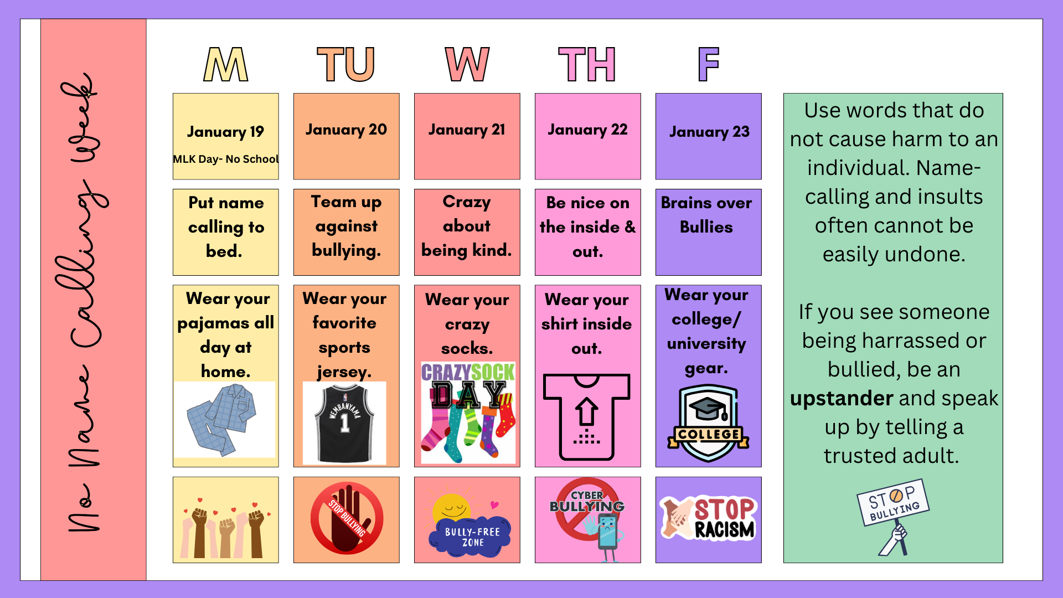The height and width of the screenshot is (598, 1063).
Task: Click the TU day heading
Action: coord(346,64)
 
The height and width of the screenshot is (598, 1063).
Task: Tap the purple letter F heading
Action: coord(708,64)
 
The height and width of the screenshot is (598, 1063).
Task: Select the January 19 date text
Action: coord(225,132)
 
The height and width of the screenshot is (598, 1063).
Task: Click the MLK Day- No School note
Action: coord(225,159)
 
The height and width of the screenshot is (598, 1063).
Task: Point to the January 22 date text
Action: coord(587,130)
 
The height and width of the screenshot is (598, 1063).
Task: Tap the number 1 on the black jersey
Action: coord(344,424)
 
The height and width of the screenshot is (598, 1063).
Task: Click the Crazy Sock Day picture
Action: coord(468,413)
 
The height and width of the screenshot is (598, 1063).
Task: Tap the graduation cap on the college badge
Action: coord(708,409)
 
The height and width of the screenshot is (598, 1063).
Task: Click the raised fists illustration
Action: coord(225,529)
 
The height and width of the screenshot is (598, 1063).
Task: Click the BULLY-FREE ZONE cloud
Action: coord(472,536)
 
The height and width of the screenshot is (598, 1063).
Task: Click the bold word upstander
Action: coord(842,398)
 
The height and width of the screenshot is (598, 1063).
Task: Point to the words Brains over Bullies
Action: coord(706,215)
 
